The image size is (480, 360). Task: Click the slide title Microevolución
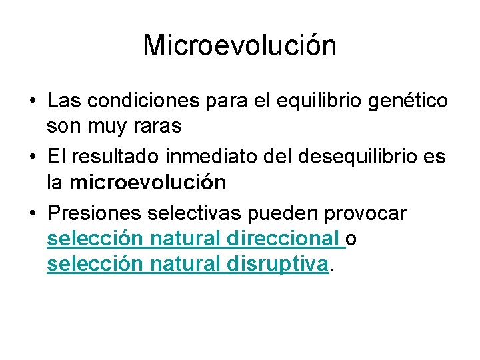point(239,46)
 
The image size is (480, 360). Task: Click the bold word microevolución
point(148,181)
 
